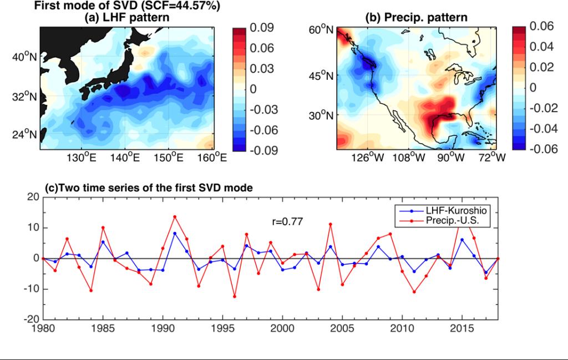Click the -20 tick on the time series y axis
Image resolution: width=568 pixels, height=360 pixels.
tap(31, 320)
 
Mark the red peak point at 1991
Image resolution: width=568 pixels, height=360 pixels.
tap(175, 216)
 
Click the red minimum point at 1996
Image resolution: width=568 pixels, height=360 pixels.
tap(235, 297)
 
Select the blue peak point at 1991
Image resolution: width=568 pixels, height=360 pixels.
tap(175, 234)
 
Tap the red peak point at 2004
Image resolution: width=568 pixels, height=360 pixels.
tap(331, 224)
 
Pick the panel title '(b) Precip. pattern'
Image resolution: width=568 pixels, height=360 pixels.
tap(416, 18)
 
